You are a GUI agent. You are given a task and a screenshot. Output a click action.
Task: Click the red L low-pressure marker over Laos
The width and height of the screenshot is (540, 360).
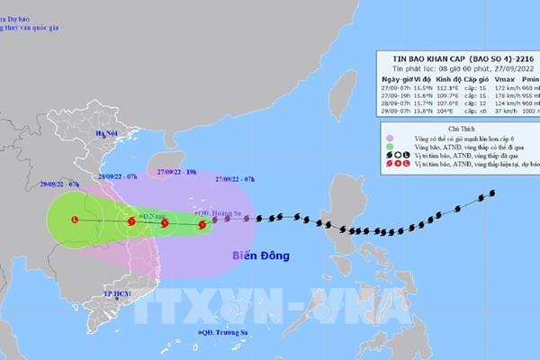[x=74, y=219]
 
